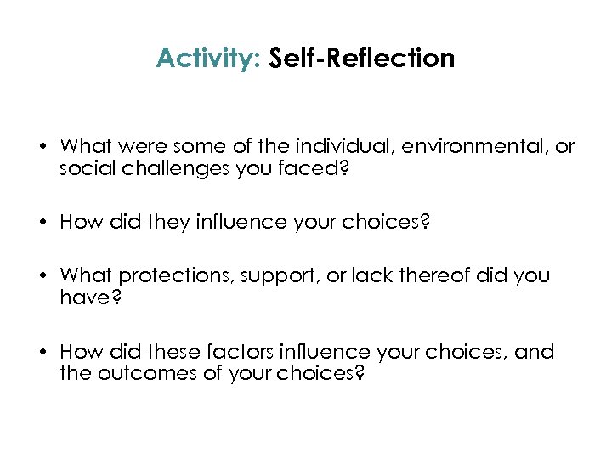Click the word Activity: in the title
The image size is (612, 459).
pyautogui.click(x=208, y=59)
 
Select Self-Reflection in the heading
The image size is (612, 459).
pyautogui.click(x=361, y=59)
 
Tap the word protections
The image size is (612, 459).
pyautogui.click(x=173, y=275)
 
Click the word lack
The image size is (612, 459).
pyautogui.click(x=371, y=275)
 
